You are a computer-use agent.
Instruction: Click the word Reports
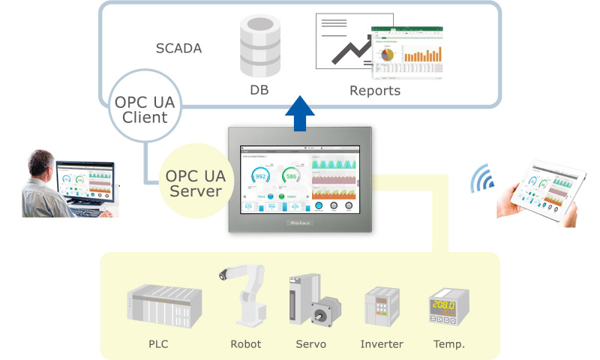[x=374, y=91]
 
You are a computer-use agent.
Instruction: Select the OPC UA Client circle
[x=146, y=109]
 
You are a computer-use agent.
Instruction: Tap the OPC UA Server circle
[x=193, y=183]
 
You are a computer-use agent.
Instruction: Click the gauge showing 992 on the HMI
[x=262, y=177]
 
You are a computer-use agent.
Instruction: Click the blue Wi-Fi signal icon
[x=480, y=180]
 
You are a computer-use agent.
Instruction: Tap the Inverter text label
[x=382, y=344]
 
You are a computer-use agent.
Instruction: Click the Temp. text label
[x=448, y=344]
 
